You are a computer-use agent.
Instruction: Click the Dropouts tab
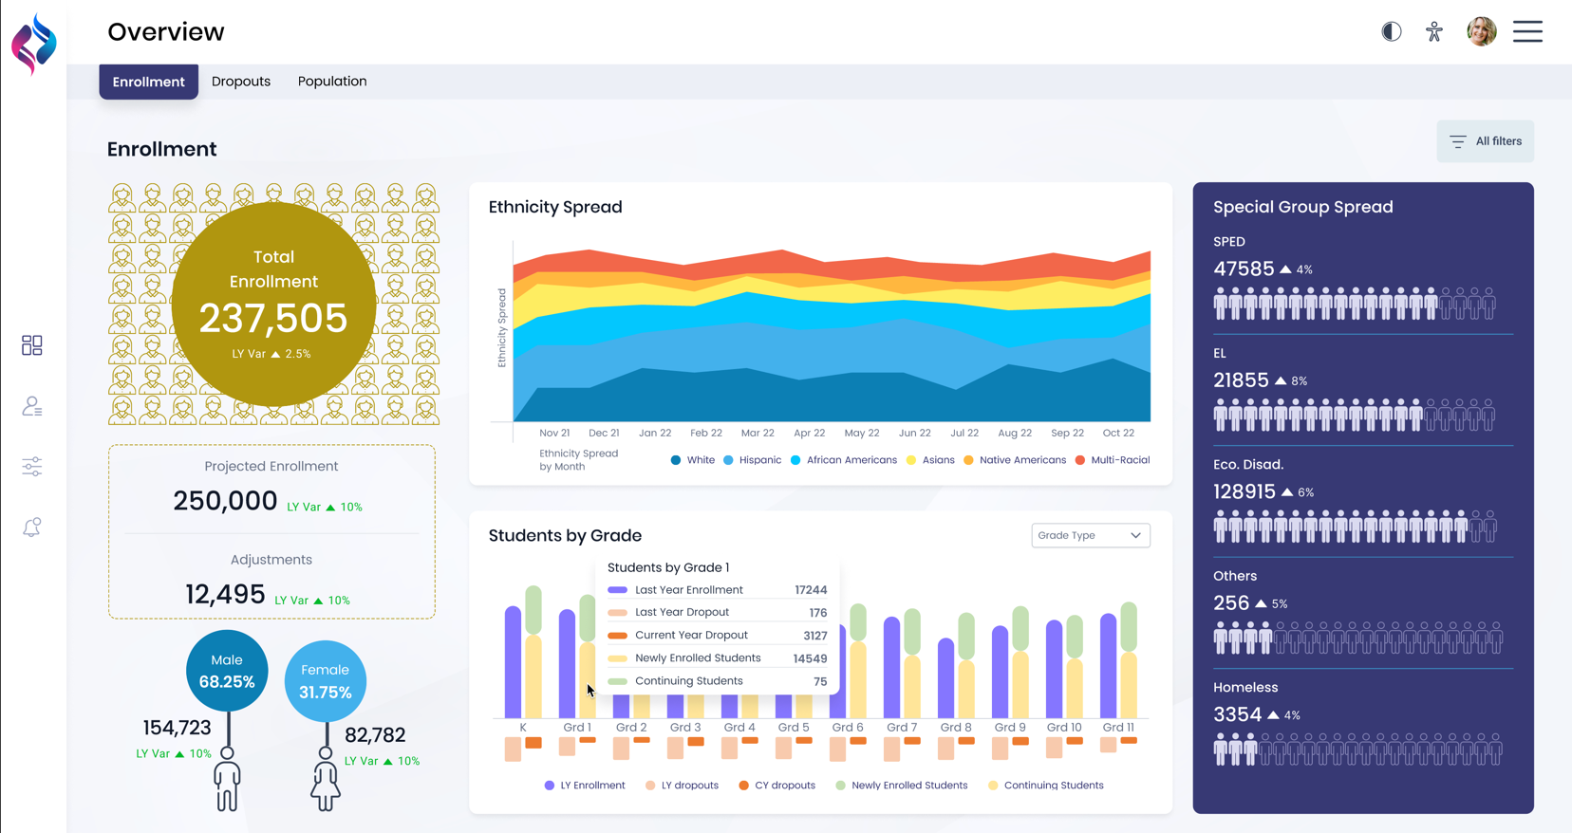pos(241,82)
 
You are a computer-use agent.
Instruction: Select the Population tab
pos(332,82)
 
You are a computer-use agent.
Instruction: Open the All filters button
pos(1486,141)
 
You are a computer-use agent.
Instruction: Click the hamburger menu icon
pos(1527,31)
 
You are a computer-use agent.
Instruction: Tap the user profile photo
pos(1481,31)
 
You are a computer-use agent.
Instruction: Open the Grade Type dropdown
pos(1091,535)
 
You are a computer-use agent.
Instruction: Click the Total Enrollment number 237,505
pos(273,319)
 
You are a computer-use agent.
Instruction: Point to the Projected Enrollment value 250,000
pos(225,501)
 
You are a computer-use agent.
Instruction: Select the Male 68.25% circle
pos(227,671)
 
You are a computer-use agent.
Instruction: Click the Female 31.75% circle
pos(325,681)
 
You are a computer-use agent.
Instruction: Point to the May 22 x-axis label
pos(862,433)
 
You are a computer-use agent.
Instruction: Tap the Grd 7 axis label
pos(902,728)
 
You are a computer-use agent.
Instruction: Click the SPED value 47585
pos(1244,269)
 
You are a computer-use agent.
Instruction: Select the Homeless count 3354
pos(1238,714)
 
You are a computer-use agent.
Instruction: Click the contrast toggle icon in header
pos(1392,31)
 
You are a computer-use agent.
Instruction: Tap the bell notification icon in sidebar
pos(32,528)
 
